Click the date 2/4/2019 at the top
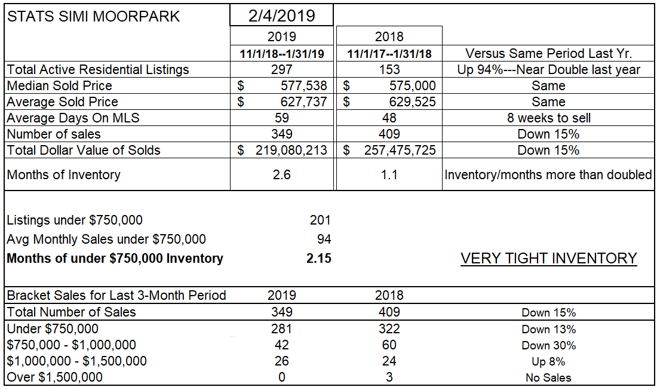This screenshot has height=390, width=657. (x=281, y=15)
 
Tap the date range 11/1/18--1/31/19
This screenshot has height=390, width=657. (x=281, y=54)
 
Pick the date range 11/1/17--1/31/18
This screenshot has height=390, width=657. (x=389, y=54)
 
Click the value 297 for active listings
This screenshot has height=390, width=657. (x=281, y=70)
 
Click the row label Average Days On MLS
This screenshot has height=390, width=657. (x=73, y=118)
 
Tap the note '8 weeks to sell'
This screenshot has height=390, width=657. (x=548, y=118)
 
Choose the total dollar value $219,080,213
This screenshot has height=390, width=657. (x=283, y=151)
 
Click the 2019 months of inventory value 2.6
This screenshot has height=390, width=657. (x=281, y=175)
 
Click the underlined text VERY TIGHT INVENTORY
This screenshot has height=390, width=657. (x=548, y=259)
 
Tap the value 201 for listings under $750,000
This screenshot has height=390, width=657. (x=320, y=220)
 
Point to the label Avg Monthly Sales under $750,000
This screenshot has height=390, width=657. (x=106, y=239)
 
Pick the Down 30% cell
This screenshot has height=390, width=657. (x=548, y=345)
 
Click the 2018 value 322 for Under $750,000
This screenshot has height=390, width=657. (x=389, y=329)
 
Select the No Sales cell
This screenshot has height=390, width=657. (x=548, y=377)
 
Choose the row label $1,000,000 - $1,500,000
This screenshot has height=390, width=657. (x=76, y=361)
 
